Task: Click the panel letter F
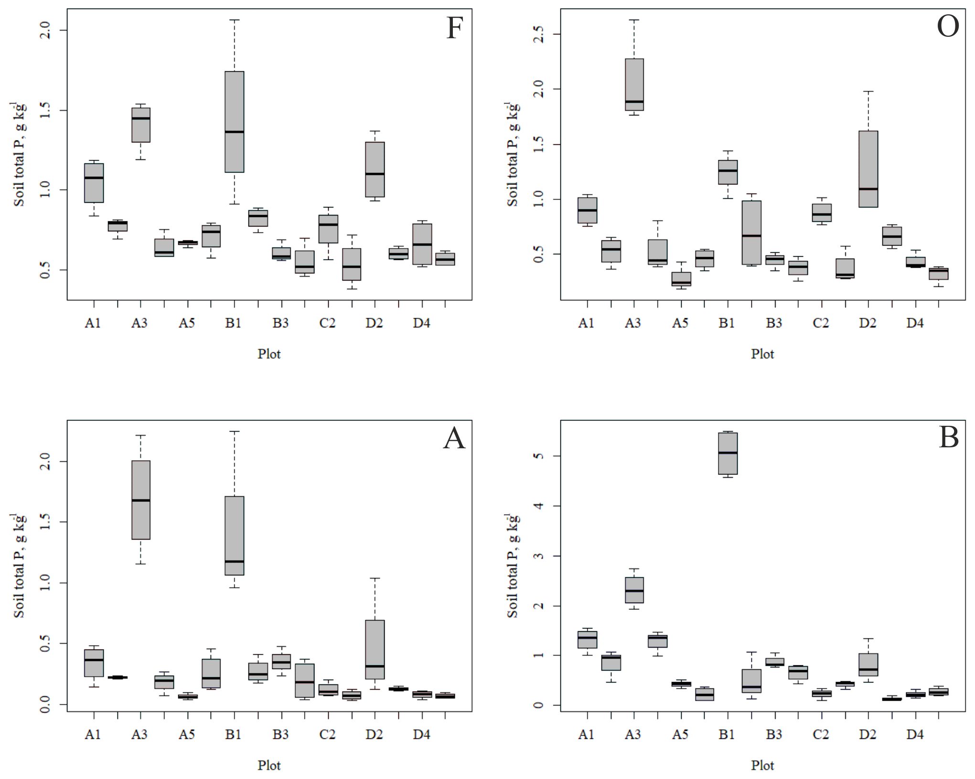[x=454, y=28]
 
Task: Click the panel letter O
[x=948, y=27]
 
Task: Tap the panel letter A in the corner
[x=454, y=438]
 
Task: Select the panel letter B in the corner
[x=948, y=437]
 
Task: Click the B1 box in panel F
[x=235, y=121]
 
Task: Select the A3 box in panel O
[x=634, y=85]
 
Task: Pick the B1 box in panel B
[x=728, y=454]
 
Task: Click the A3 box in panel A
[x=141, y=500]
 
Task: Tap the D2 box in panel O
[x=868, y=169]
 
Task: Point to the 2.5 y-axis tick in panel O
[x=539, y=34]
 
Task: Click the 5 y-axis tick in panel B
[x=539, y=456]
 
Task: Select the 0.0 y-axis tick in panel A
[x=45, y=704]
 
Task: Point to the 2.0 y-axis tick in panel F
[x=45, y=31]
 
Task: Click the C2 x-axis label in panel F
[x=327, y=324]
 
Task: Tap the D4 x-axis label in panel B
[x=915, y=735]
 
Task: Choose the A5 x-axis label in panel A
[x=187, y=735]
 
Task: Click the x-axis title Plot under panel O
[x=762, y=354]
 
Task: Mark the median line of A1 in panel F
[x=94, y=178]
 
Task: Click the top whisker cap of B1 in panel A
[x=235, y=431]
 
